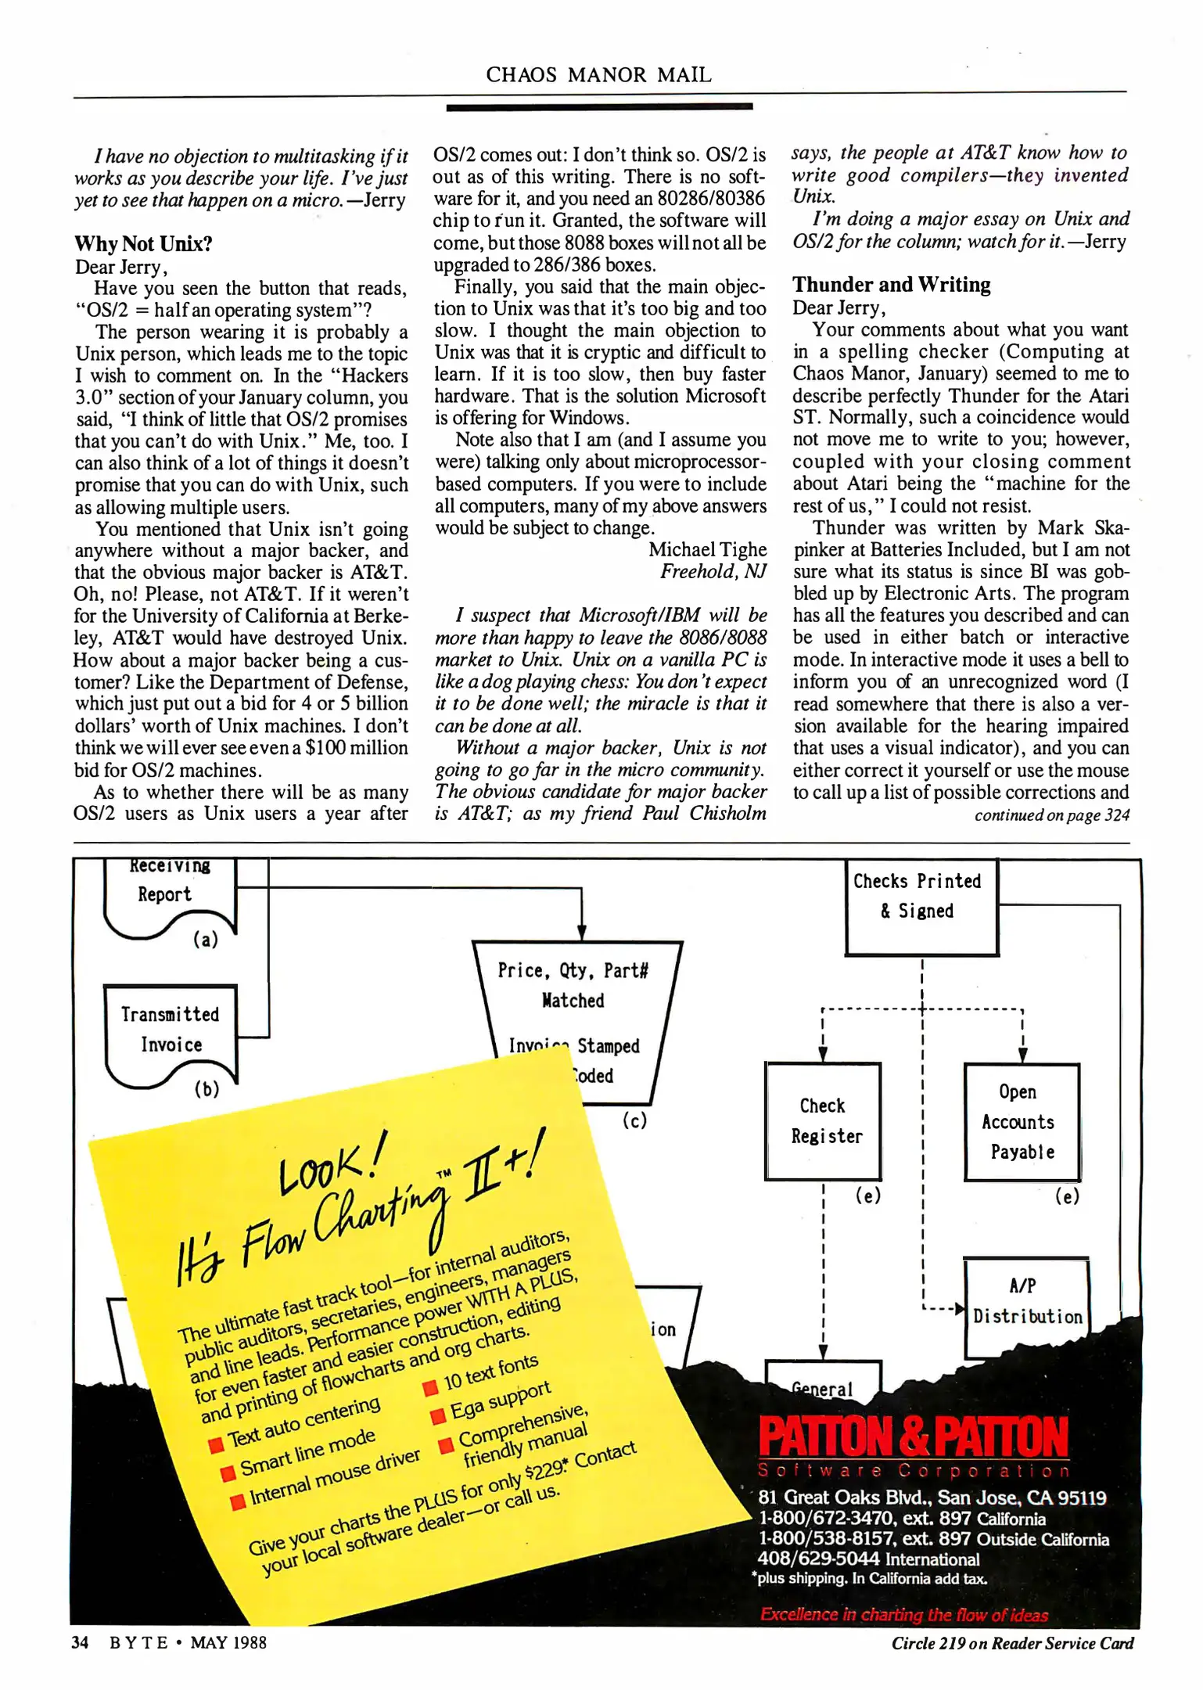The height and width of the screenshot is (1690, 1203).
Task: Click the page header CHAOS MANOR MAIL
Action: click(x=598, y=74)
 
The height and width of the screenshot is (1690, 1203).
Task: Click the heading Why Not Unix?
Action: click(x=143, y=244)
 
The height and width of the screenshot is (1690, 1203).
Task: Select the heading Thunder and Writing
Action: click(x=891, y=284)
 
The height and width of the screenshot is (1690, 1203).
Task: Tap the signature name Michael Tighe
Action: click(x=707, y=549)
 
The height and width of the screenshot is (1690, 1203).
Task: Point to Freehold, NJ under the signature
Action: click(x=713, y=571)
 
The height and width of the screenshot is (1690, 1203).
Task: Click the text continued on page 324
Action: click(x=1051, y=815)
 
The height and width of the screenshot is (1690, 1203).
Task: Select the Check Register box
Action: click(x=823, y=1120)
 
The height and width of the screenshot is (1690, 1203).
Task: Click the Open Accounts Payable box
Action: click(x=1021, y=1121)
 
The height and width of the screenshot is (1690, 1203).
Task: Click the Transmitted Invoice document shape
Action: click(x=171, y=1030)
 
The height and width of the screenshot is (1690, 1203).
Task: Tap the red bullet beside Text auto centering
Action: click(x=216, y=1445)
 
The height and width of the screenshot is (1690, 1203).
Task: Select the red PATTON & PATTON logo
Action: click(x=913, y=1436)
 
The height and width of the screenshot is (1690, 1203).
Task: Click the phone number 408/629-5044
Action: click(x=818, y=1558)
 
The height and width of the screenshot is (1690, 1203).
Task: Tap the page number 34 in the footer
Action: click(x=80, y=1642)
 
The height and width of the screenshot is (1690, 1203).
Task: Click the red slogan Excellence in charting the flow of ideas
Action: click(x=903, y=1614)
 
